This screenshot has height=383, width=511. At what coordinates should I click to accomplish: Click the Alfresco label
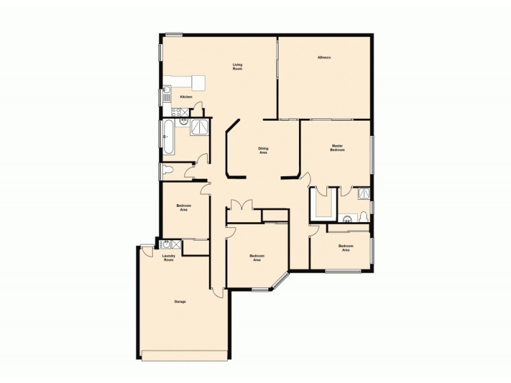(x=324, y=58)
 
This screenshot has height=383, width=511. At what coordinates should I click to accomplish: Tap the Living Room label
(x=238, y=66)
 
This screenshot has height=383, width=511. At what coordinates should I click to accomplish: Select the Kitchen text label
(x=186, y=96)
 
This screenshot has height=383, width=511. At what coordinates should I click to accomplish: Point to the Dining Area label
(x=263, y=151)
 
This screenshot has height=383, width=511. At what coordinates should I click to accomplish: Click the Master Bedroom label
(x=337, y=147)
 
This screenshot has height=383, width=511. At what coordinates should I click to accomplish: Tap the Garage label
(x=180, y=301)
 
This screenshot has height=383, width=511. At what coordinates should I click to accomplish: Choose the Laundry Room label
(x=169, y=259)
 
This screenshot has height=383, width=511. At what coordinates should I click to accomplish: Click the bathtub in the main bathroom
(x=168, y=137)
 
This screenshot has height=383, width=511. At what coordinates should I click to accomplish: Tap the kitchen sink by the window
(x=166, y=95)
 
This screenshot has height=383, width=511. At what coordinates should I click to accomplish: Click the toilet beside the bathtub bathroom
(x=168, y=169)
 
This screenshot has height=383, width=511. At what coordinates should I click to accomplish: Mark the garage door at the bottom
(x=185, y=354)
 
